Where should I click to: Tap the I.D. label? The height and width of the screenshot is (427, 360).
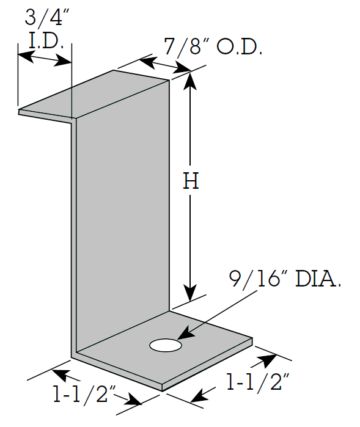[46, 41]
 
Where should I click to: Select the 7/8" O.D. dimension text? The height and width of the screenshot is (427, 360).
[213, 46]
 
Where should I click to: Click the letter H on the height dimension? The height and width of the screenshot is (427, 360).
[191, 181]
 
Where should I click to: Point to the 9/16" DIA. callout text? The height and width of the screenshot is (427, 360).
[285, 279]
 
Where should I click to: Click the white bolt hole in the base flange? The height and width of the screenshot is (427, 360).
[166, 345]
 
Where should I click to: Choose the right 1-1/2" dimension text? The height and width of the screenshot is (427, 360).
[257, 382]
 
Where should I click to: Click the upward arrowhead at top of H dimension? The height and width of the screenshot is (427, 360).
[190, 81]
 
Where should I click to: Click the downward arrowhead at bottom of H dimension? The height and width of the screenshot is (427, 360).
[190, 292]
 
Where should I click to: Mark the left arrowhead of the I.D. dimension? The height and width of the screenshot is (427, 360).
[26, 57]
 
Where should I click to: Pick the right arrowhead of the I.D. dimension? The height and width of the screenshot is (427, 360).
[63, 61]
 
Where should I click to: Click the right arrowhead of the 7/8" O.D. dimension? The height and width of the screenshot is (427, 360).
[182, 68]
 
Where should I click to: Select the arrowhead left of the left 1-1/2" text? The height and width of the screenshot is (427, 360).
[59, 375]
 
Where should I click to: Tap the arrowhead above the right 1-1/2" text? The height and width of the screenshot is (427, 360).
[268, 359]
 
